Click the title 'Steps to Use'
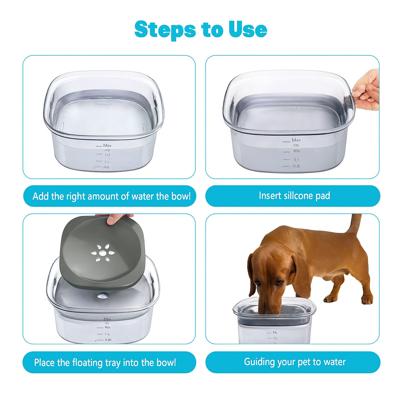coord(201,29)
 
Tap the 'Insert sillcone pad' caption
coord(294,196)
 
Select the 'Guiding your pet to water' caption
coord(294,362)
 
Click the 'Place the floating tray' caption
coord(105,362)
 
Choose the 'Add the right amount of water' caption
coord(111,196)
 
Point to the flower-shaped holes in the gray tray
coord(102,252)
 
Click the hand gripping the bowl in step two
coord(367,90)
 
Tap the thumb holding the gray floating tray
coord(115,219)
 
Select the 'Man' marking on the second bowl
coord(296,140)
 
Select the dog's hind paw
coord(367,300)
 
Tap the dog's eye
coord(279,282)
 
